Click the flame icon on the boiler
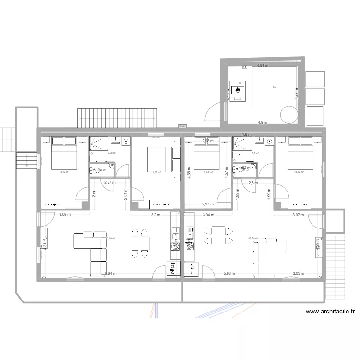click(x=238, y=90)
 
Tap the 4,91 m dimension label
click(x=263, y=65)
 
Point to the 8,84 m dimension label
click(x=111, y=274)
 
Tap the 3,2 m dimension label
click(x=155, y=215)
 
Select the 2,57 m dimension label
click(x=110, y=182)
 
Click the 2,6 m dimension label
click(x=253, y=183)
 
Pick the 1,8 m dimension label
click(x=247, y=134)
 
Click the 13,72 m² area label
click(x=64, y=172)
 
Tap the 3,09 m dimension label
click(x=65, y=215)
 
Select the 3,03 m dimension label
click(x=299, y=274)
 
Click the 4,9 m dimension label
click(x=263, y=122)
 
